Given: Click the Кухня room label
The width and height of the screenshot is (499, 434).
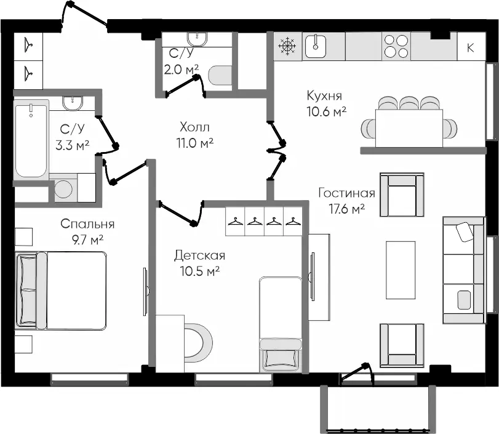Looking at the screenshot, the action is [x=324, y=95].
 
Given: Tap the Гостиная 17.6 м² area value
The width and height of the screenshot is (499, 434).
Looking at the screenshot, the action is [x=346, y=209].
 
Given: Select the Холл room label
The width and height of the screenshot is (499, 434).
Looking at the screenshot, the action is [x=194, y=127].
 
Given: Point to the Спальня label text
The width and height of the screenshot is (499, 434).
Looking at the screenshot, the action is [x=87, y=224].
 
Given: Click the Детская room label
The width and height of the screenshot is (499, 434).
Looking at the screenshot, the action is [x=199, y=255].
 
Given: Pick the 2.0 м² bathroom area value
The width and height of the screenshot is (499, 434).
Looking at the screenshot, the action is [x=181, y=69].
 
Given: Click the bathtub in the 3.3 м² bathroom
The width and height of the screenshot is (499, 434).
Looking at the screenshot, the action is [x=31, y=139].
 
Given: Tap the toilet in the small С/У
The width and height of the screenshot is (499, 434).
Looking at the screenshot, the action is [x=220, y=76].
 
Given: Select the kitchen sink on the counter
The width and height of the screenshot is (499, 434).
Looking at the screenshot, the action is [x=316, y=47].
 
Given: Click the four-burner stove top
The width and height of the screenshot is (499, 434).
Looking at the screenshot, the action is [x=396, y=47].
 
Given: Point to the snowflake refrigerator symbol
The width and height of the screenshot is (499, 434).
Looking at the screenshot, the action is [x=287, y=46].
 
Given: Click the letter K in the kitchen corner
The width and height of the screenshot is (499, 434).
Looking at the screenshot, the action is [x=470, y=48].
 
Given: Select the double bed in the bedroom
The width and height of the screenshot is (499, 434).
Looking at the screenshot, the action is [x=61, y=291].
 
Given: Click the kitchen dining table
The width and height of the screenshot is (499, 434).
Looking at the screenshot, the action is [x=409, y=128].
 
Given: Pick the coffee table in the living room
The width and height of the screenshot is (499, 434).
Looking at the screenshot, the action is [x=401, y=270].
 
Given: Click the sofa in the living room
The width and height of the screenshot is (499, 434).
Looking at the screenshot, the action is [x=465, y=270].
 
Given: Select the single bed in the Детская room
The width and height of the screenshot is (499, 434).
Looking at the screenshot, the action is [x=281, y=324].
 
